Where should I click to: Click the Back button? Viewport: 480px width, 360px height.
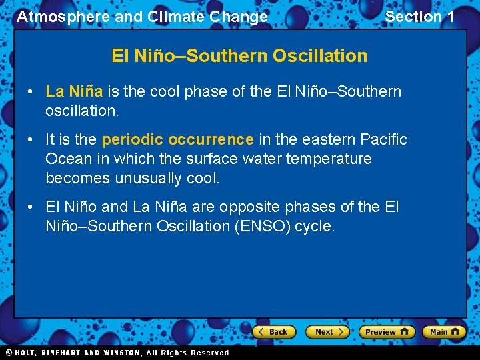(273, 331)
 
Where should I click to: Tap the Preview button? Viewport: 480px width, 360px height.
(387, 331)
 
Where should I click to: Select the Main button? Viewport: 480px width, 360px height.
(444, 331)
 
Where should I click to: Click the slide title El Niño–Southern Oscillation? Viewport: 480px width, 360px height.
(239, 55)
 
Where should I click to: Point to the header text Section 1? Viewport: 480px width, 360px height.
(419, 17)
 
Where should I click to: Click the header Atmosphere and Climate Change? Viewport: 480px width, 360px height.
(142, 17)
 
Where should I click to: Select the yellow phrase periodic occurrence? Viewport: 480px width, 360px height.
(177, 139)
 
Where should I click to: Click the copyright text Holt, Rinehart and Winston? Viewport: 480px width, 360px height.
(75, 353)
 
